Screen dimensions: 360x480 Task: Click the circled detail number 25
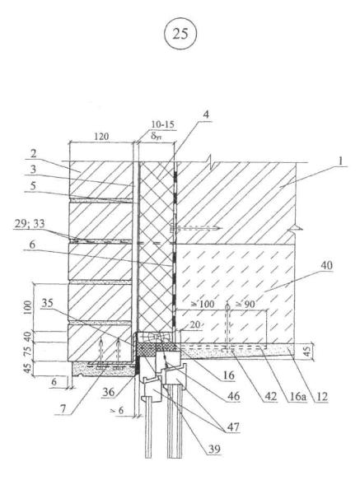[x=180, y=34]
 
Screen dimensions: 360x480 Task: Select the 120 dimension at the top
[x=101, y=136]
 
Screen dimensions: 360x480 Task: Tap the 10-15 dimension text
[x=162, y=124]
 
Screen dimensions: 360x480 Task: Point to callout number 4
[x=206, y=114]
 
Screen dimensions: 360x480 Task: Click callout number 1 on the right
[x=341, y=161]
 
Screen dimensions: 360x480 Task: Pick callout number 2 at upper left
[x=33, y=153]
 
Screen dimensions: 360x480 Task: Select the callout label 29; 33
[x=30, y=224]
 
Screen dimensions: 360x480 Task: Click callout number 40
[x=326, y=265]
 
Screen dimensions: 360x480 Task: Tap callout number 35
[x=47, y=303]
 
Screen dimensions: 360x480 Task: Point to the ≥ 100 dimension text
[x=203, y=304]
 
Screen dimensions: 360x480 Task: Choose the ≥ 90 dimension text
[x=245, y=304]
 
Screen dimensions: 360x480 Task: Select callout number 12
[x=321, y=397]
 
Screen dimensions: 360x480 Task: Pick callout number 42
[x=270, y=397]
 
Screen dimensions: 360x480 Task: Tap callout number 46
[x=233, y=396]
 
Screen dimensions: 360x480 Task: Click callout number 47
[x=233, y=426]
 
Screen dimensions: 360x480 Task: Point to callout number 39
[x=214, y=449]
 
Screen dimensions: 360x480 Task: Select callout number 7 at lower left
[x=63, y=409]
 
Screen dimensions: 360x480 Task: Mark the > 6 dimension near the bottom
[x=117, y=410]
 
